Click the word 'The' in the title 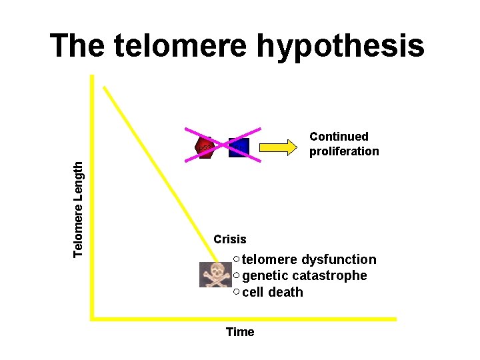tap(77, 47)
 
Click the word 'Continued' tap(339, 137)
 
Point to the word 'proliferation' tap(344, 151)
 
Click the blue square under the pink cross tap(239, 147)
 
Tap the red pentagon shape tap(205, 148)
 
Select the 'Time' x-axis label tap(240, 332)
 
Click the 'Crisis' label tap(230, 239)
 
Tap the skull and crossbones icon tap(216, 275)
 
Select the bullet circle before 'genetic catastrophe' tap(237, 275)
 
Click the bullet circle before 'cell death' tap(237, 291)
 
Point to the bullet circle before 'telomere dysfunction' tap(237, 259)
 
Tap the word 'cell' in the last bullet tap(253, 292)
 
